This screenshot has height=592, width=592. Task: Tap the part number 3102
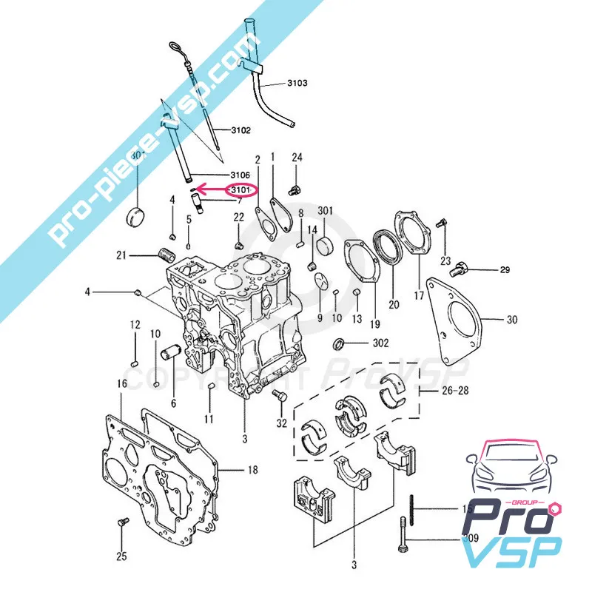tap(240, 130)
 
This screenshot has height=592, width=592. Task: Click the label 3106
tap(240, 175)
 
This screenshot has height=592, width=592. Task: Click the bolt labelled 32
tap(280, 397)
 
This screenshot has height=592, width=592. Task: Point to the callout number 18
tap(252, 469)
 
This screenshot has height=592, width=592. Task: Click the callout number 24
tap(297, 157)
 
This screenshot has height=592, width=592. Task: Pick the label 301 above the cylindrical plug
tap(326, 211)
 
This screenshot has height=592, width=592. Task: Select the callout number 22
tap(238, 216)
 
